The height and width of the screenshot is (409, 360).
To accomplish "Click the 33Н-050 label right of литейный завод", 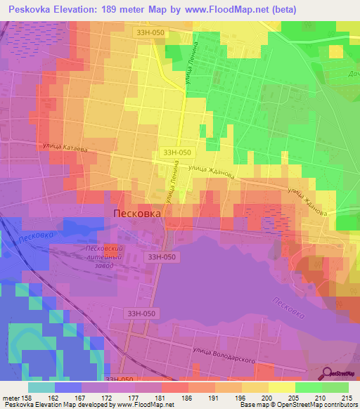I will tap(162, 257).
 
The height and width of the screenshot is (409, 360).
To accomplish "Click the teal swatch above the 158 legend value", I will tap(41, 387).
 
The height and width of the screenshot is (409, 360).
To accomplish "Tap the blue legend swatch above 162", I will tap(68, 387).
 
